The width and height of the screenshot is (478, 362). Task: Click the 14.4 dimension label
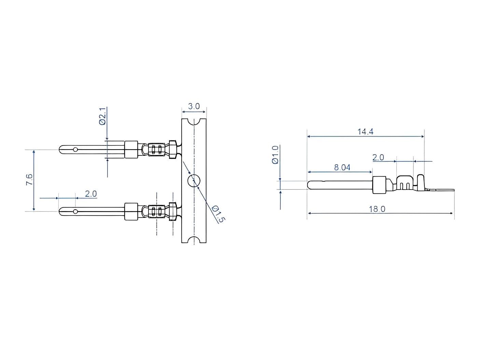click(x=365, y=131)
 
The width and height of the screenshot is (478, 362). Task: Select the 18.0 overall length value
click(x=377, y=209)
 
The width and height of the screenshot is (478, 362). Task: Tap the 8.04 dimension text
click(x=342, y=167)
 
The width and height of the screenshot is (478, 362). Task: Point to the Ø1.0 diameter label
click(x=275, y=155)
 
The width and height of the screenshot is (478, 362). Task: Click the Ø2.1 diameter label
click(x=102, y=116)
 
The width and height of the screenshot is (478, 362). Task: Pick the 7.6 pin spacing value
click(x=29, y=180)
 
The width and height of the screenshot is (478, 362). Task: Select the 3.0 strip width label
click(x=194, y=107)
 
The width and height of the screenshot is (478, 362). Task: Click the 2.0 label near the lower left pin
click(x=90, y=194)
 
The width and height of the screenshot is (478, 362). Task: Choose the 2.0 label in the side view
click(x=378, y=157)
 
